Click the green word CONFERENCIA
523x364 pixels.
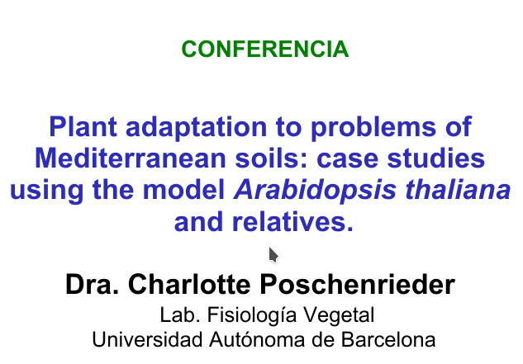(265, 49)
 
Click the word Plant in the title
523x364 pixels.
(83, 126)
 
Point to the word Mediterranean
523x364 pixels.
(131, 158)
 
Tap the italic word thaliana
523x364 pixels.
(458, 190)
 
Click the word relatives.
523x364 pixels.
(292, 222)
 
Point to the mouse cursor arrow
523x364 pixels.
(273, 255)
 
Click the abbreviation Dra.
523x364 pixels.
(93, 284)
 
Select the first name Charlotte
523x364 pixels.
(189, 284)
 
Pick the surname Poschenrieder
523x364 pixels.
(357, 284)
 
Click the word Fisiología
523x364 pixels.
(251, 316)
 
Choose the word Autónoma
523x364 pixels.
(257, 340)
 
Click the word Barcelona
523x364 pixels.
(388, 340)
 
